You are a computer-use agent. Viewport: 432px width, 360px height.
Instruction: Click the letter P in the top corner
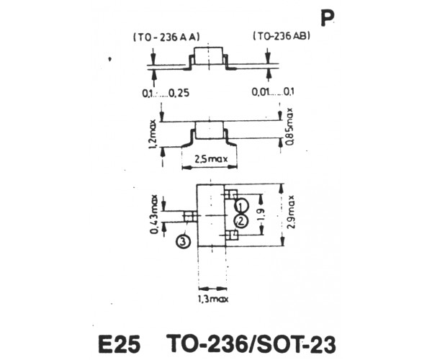(328, 19)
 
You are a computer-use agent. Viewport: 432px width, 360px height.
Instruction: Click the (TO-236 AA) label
(166, 37)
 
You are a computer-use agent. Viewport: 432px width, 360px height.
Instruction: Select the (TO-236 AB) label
(282, 36)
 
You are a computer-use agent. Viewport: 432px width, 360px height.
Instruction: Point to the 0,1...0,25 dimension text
(166, 93)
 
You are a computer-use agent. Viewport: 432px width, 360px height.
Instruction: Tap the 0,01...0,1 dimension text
(273, 91)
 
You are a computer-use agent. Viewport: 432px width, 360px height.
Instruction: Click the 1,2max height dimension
(153, 134)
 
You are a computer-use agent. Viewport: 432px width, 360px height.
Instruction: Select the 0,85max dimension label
(290, 127)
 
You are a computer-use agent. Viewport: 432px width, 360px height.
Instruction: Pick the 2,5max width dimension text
(211, 159)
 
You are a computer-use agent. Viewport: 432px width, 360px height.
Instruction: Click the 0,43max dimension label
(154, 215)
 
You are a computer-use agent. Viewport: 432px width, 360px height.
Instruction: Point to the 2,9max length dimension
(291, 212)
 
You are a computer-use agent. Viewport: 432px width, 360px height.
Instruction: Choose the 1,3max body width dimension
(213, 299)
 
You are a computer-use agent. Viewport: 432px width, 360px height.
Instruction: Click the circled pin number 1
(241, 206)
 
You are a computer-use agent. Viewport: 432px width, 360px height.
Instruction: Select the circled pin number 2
(240, 221)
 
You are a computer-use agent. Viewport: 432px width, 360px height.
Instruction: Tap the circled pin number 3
(183, 242)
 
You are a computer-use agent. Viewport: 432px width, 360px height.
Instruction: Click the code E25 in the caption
(120, 344)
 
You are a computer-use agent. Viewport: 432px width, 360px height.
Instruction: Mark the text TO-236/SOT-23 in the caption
(251, 343)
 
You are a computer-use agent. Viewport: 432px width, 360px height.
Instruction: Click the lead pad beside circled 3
(190, 217)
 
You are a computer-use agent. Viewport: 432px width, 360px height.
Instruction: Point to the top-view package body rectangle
(211, 215)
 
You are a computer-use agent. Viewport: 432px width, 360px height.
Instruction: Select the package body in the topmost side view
(208, 56)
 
